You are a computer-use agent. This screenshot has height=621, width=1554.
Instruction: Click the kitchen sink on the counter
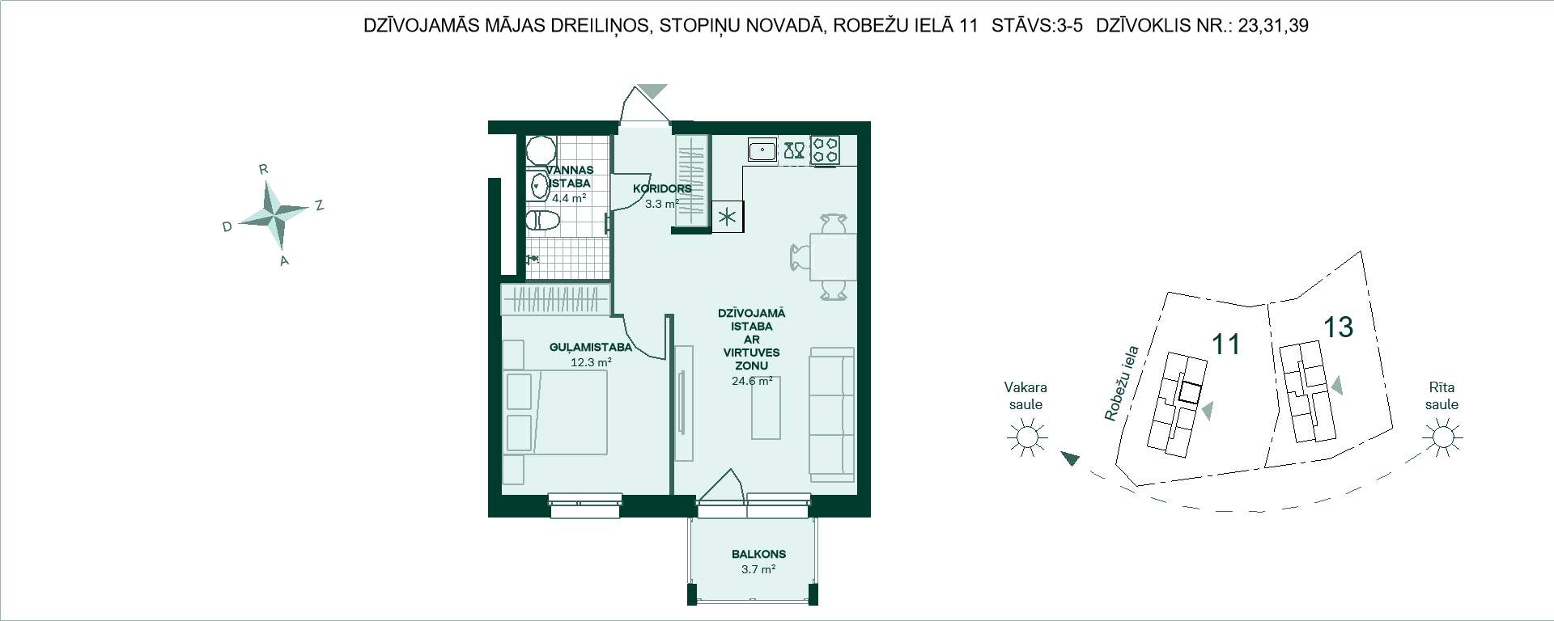[x=762, y=150]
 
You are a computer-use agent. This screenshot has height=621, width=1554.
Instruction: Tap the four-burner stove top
[x=826, y=150]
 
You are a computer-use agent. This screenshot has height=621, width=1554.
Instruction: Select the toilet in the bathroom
[x=542, y=221]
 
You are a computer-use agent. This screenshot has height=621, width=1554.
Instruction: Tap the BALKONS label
[x=758, y=555]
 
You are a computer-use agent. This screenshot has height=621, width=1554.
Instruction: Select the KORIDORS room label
[x=662, y=189]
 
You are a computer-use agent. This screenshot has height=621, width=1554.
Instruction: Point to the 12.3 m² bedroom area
[x=591, y=362]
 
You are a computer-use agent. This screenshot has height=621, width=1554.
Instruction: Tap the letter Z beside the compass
[x=320, y=205]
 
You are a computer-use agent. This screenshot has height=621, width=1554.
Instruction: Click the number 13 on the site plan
[x=1339, y=327]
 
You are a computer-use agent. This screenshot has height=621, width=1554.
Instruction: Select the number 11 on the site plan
[x=1226, y=344]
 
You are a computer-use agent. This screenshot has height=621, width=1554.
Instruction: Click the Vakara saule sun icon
[x=1026, y=438]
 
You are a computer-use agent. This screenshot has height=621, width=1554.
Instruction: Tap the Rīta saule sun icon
[x=1441, y=438]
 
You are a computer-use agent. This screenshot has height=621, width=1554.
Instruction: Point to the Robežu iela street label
[x=1122, y=383]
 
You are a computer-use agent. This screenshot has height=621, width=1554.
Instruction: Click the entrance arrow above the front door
[x=652, y=91]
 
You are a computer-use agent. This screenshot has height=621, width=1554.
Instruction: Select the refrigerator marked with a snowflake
[x=728, y=216]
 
